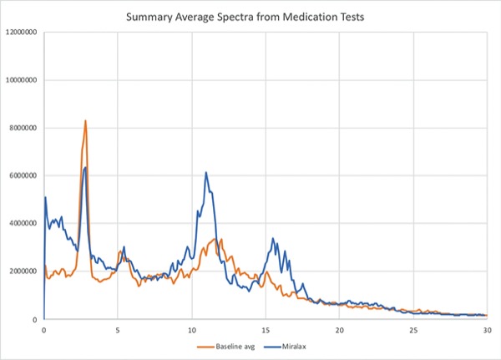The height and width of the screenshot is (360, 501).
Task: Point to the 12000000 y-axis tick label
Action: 21,33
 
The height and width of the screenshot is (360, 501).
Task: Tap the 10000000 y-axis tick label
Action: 21,80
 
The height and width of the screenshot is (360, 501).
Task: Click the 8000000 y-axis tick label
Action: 23,128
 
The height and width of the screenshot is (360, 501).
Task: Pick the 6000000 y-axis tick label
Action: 23,176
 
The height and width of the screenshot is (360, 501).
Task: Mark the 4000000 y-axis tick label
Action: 23,224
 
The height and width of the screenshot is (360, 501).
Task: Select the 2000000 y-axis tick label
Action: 23,271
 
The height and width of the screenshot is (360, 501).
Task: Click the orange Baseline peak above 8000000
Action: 85,121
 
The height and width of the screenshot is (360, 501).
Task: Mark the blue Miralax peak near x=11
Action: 206,173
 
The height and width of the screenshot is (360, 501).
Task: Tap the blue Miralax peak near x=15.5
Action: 273,239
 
